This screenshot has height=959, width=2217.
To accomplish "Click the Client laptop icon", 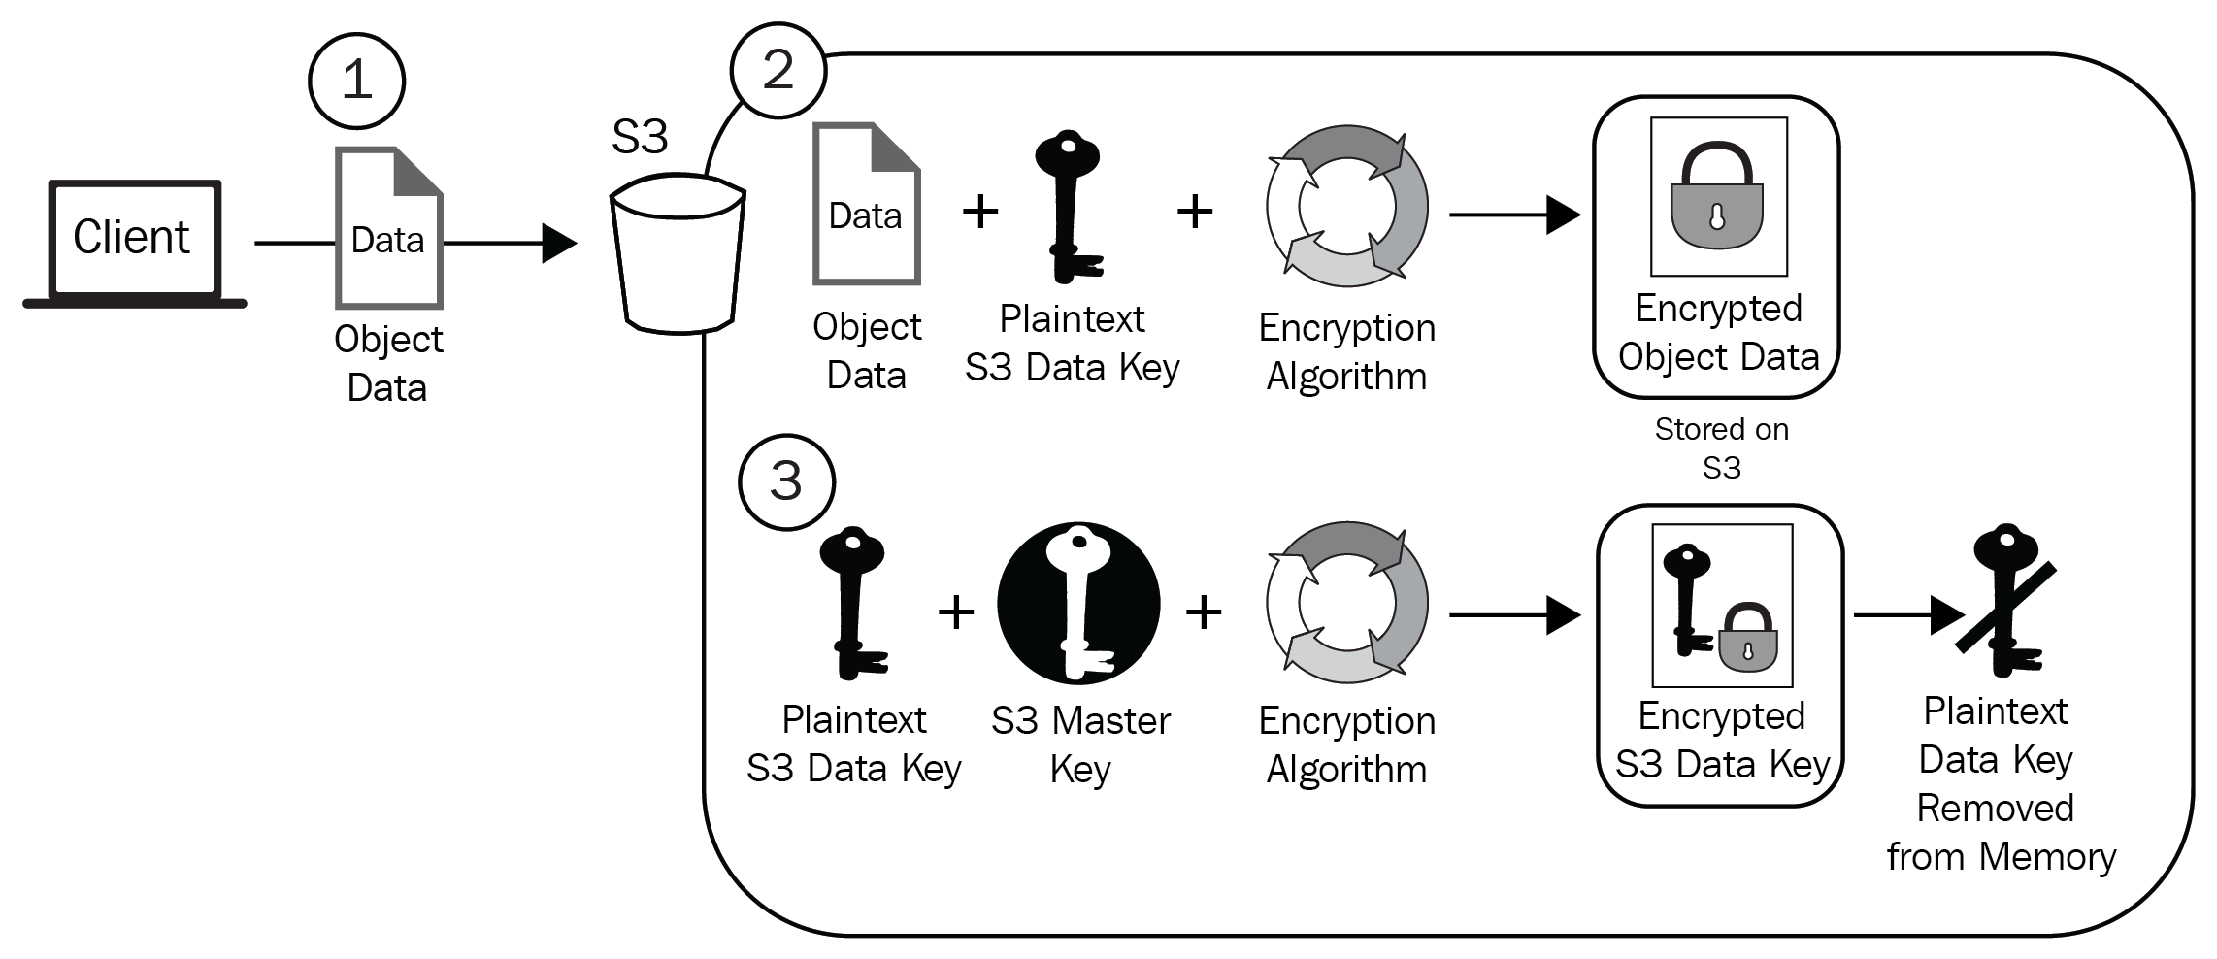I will pyautogui.click(x=134, y=243).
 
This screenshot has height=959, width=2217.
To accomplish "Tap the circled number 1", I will pyautogui.click(x=356, y=80).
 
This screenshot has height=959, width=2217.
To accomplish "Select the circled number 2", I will pyautogui.click(x=778, y=70).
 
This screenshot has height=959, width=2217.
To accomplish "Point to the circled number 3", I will pyautogui.click(x=785, y=481).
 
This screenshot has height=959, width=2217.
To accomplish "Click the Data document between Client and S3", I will pyautogui.click(x=388, y=228).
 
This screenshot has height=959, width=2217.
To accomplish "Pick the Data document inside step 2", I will pyautogui.click(x=866, y=204).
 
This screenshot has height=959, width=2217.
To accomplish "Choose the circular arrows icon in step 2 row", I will pyautogui.click(x=1346, y=206).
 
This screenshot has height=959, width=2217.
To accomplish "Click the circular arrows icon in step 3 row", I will pyautogui.click(x=1346, y=602).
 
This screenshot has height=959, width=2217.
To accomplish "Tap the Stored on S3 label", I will pyautogui.click(x=1721, y=448).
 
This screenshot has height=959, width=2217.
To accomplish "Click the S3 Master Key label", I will pyautogui.click(x=1080, y=744).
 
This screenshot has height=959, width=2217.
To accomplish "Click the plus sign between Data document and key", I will pyautogui.click(x=980, y=211).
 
